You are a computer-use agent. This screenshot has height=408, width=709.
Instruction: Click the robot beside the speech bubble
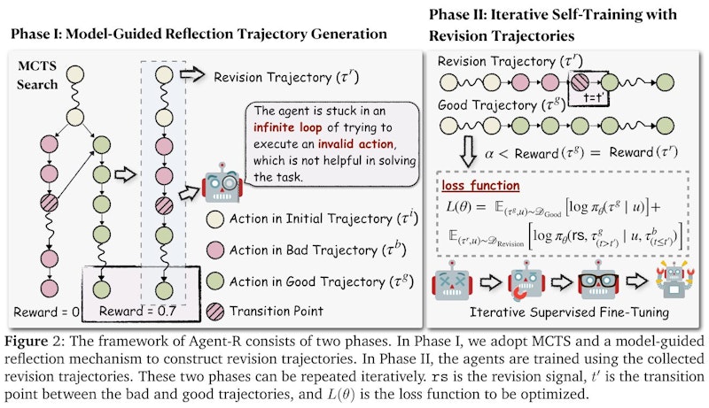pos(222,185)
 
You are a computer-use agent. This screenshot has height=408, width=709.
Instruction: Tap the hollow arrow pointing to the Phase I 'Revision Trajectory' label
pos(193,78)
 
